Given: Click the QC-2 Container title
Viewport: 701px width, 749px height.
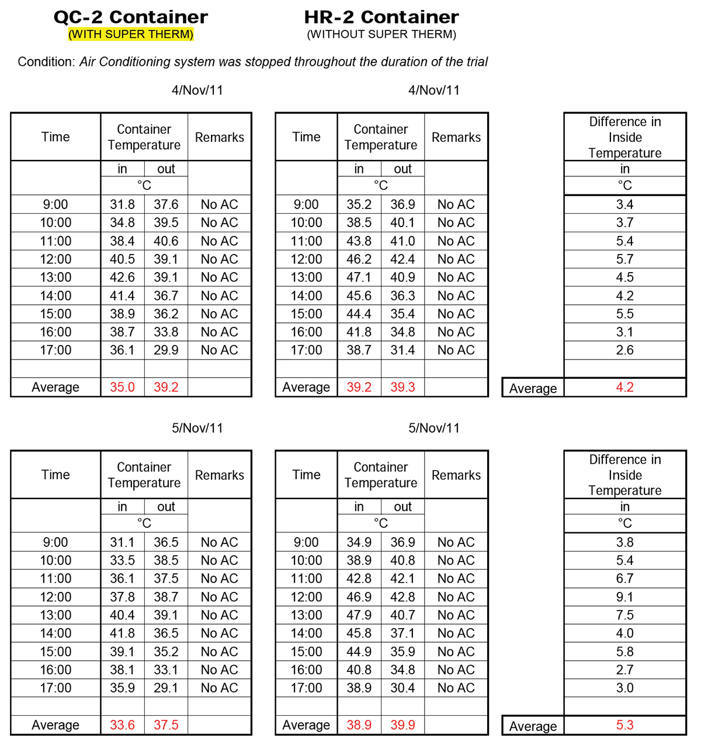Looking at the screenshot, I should [x=130, y=17].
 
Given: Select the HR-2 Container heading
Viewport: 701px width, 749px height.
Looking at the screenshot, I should [x=381, y=17].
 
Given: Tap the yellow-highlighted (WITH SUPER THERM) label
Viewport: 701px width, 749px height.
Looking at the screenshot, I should [x=131, y=34].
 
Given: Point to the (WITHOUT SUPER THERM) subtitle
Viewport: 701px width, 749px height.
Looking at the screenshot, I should [x=381, y=34].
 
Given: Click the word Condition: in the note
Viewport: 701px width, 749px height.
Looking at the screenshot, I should [x=46, y=62].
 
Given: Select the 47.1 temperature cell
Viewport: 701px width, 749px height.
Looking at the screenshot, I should [x=359, y=277].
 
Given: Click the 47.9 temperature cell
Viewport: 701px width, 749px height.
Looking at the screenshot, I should [x=359, y=615].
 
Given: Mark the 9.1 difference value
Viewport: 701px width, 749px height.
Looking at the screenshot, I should [x=624, y=597].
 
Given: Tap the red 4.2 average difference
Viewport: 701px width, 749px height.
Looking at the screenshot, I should [x=624, y=388].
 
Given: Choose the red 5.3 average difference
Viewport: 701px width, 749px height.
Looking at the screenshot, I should [x=624, y=725].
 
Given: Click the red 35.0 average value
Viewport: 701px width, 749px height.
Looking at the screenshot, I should [x=122, y=388].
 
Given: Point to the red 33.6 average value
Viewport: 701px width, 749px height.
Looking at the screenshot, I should [x=122, y=725].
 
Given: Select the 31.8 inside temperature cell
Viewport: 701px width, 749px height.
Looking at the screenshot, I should [x=122, y=204].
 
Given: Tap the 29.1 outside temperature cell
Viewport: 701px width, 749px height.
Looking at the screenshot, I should [x=166, y=688].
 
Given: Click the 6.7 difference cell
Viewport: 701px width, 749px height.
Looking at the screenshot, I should [x=624, y=579].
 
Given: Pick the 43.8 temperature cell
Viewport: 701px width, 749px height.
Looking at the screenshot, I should [x=359, y=241].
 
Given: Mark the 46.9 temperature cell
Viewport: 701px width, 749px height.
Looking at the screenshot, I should [x=359, y=597].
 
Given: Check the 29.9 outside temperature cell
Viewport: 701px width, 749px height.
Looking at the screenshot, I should [x=166, y=350].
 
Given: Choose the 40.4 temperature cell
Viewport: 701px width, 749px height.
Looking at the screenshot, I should [x=122, y=615].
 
